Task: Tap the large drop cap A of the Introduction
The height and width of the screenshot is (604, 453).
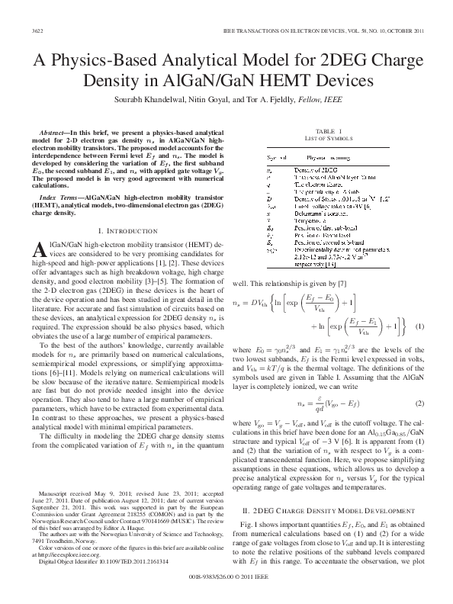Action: coord(43,251)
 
